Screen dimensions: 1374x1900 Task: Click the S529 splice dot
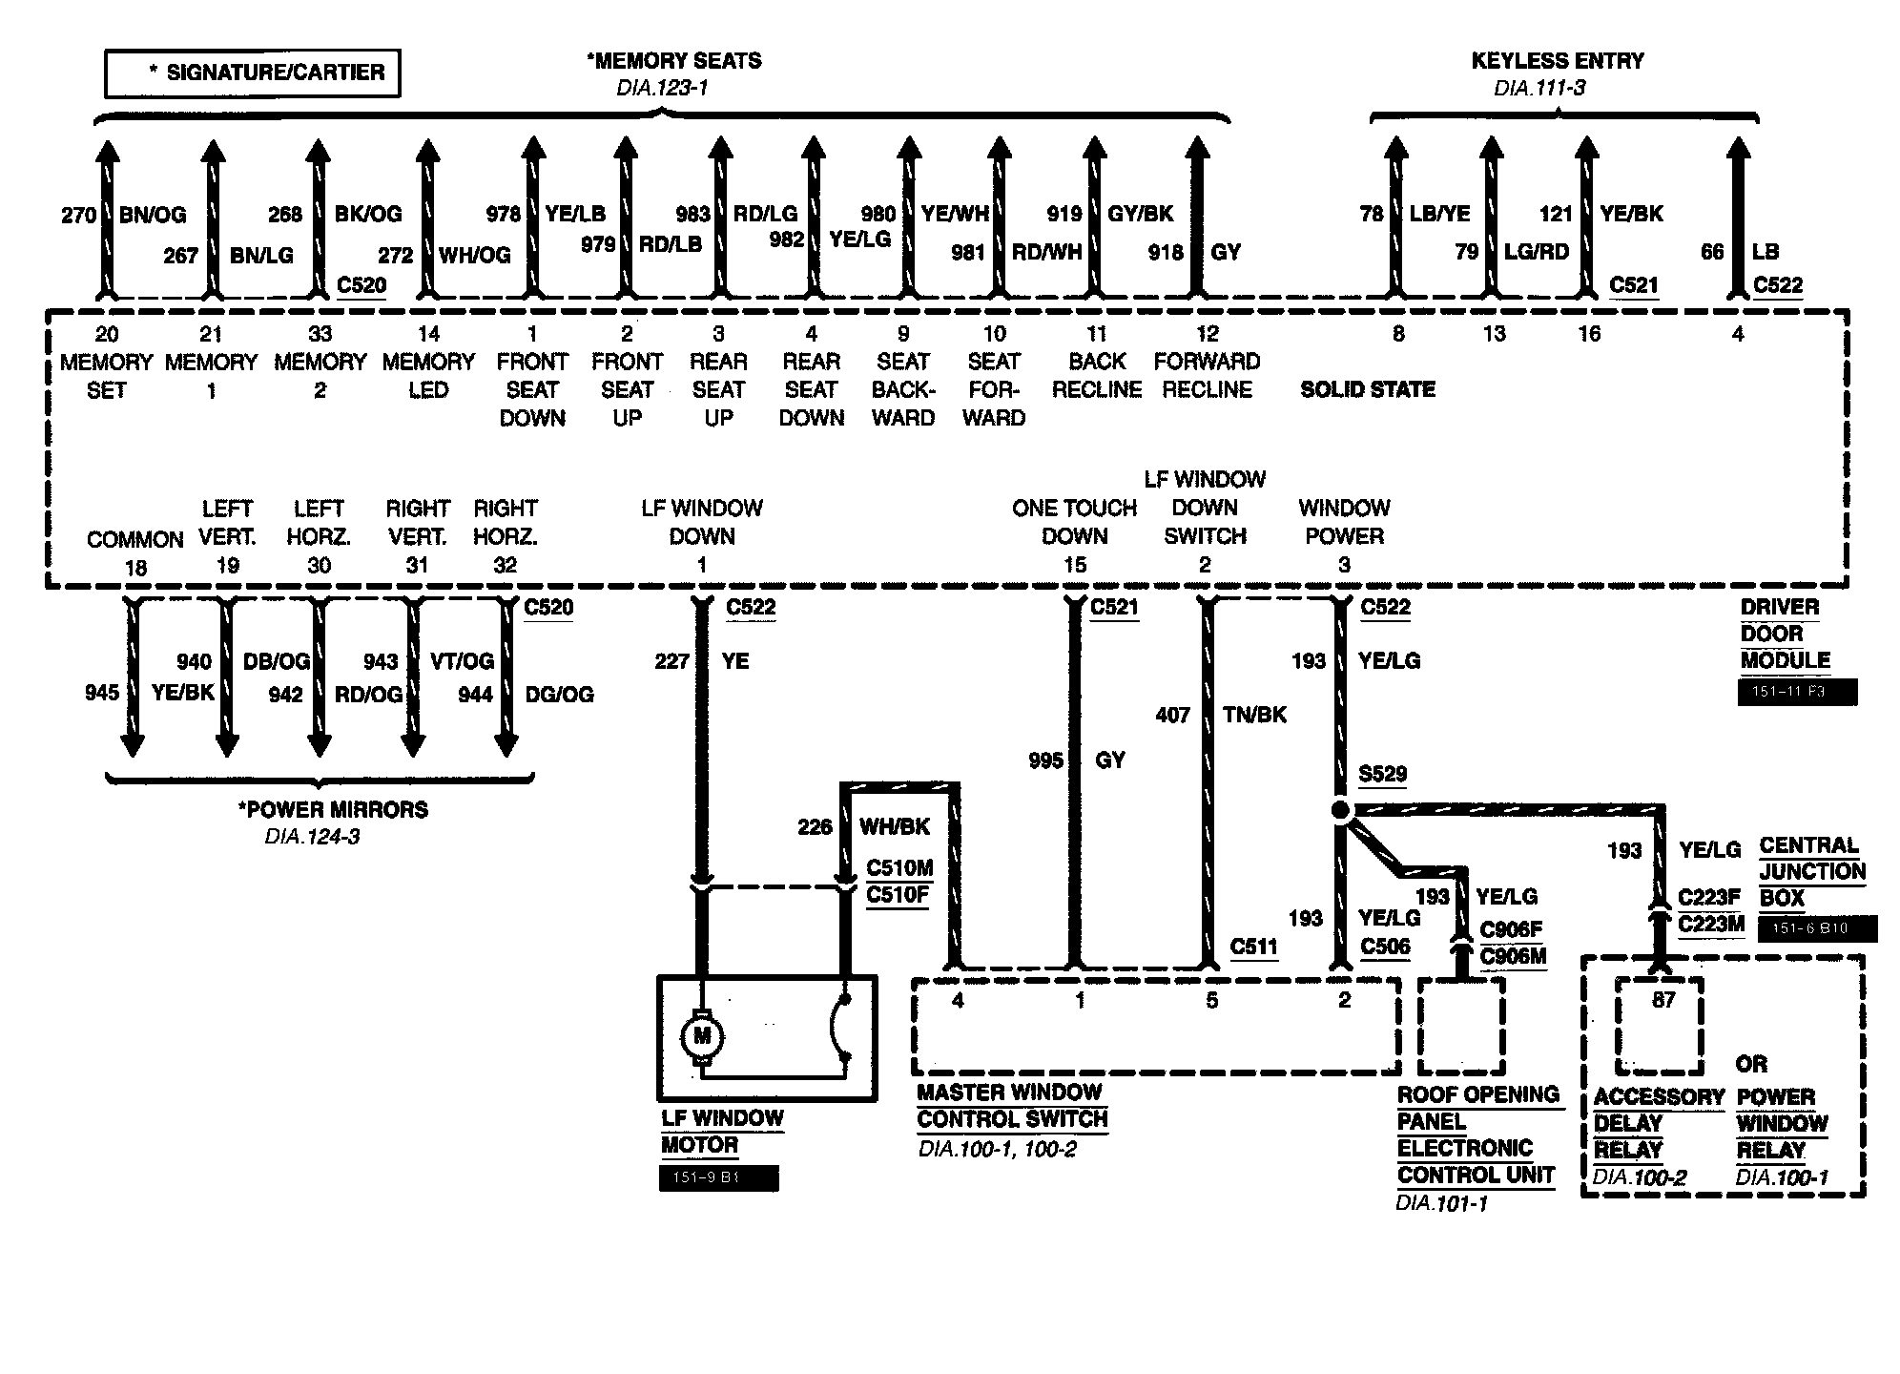click(x=1340, y=811)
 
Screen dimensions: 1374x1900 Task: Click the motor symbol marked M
click(x=702, y=1036)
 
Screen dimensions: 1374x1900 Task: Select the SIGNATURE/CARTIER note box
click(x=253, y=73)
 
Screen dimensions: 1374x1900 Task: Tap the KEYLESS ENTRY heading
click(x=1558, y=61)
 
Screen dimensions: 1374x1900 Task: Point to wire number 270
click(x=79, y=216)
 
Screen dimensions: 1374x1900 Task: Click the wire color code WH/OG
click(x=474, y=255)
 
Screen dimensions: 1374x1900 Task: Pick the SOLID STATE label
click(x=1368, y=389)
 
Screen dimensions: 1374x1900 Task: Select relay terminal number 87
click(x=1663, y=1001)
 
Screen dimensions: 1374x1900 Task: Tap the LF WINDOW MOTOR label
click(x=722, y=1132)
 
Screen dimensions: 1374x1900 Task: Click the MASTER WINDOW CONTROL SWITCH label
click(x=1012, y=1106)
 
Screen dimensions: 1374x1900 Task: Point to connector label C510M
click(x=898, y=868)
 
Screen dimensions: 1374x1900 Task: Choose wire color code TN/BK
click(x=1254, y=714)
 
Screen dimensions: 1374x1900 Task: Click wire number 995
click(x=1046, y=760)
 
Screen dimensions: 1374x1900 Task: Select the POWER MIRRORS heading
click(x=333, y=810)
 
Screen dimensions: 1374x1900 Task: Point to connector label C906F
click(x=1511, y=929)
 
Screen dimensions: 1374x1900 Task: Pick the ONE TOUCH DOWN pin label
click(x=1075, y=522)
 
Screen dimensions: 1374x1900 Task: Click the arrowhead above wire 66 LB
click(x=1739, y=151)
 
